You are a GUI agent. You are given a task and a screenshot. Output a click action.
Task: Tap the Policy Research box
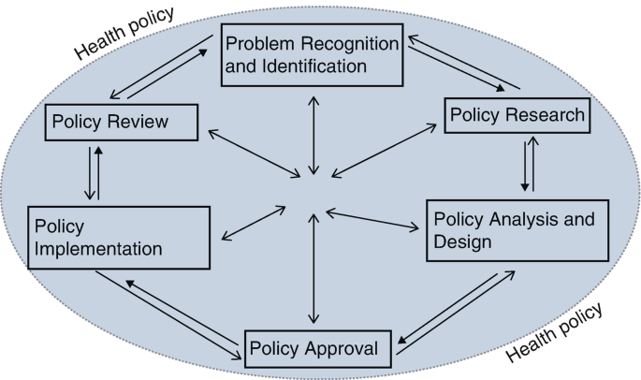coord(517,115)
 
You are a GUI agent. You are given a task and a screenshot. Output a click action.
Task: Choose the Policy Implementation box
coord(117,238)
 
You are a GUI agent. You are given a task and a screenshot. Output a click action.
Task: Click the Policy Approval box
coord(313,349)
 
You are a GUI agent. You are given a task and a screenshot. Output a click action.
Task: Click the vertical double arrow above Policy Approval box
coord(313,271)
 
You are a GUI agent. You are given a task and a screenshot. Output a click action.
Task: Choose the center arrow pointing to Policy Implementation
coord(252,223)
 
